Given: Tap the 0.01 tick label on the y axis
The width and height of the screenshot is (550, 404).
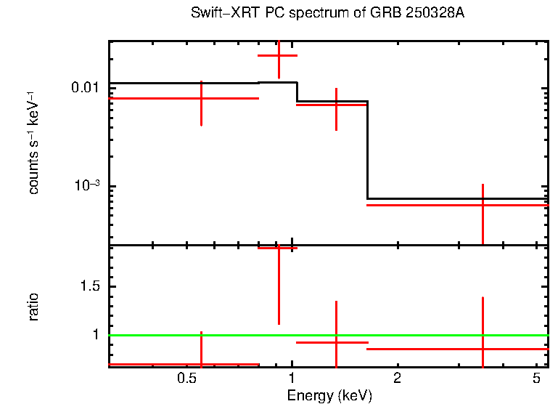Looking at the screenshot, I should pyautogui.click(x=86, y=88).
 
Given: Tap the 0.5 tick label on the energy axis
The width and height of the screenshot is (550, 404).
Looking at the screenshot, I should pyautogui.click(x=186, y=379).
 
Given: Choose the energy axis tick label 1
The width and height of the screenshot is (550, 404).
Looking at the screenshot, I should pyautogui.click(x=292, y=379).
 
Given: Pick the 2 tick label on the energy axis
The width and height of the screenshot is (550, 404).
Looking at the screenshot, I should pyautogui.click(x=397, y=379).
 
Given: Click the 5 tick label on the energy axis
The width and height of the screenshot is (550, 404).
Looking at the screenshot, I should pyautogui.click(x=535, y=379).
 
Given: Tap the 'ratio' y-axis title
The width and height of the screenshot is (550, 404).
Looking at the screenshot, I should pyautogui.click(x=34, y=307).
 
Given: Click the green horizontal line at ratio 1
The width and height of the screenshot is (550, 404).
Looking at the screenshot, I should pyautogui.click(x=435, y=335).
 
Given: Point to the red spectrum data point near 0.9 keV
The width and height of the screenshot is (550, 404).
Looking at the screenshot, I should pyautogui.click(x=279, y=55).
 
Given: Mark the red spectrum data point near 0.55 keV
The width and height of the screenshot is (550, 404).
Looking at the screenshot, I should pyautogui.click(x=201, y=97).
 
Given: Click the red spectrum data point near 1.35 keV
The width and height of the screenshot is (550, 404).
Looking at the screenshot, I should pyautogui.click(x=336, y=105).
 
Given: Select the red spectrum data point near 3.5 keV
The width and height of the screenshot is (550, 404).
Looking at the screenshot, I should pyautogui.click(x=483, y=205).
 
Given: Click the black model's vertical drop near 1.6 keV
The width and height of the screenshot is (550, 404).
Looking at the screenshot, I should pyautogui.click(x=368, y=149).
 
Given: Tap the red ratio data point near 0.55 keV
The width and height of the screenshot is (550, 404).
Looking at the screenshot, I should pyautogui.click(x=201, y=364).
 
